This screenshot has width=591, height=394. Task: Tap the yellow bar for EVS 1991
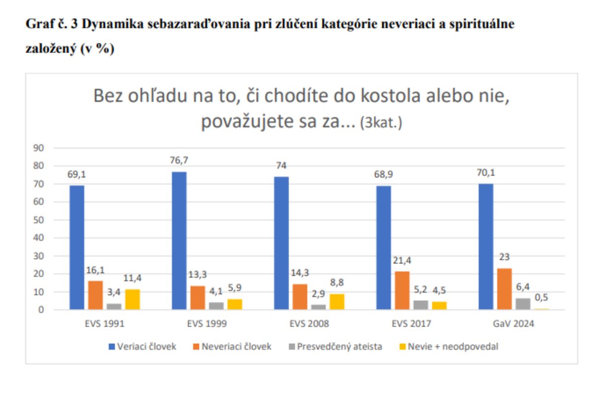click(132, 299)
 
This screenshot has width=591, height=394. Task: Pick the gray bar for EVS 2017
click(421, 305)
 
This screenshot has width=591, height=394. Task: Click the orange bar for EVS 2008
click(300, 296)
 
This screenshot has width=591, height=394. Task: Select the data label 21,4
click(401, 261)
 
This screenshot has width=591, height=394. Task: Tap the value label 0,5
click(542, 297)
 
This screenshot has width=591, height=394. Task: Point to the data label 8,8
click(337, 283)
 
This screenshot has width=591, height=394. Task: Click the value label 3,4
click(114, 293)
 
